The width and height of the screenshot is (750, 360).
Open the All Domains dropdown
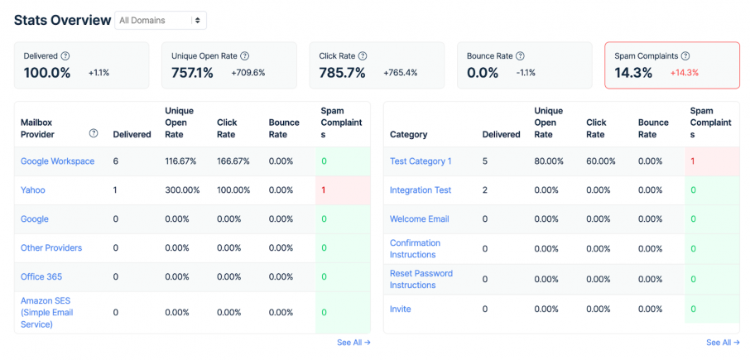tap(161, 20)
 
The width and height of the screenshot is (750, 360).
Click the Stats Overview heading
tap(62, 20)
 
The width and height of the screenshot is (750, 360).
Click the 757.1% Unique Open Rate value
tap(192, 73)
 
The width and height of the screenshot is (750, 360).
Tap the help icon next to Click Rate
tap(363, 56)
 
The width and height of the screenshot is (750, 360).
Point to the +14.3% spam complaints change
tap(685, 73)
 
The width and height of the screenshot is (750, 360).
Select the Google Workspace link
tap(57, 161)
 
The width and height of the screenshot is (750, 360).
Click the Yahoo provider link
tap(33, 190)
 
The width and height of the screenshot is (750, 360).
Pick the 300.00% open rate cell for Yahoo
tap(180, 190)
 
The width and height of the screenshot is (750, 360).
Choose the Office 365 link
tap(41, 277)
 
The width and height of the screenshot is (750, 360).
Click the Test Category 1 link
tap(421, 161)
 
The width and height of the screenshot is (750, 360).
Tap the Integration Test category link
tap(421, 190)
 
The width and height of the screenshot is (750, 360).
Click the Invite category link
tap(401, 310)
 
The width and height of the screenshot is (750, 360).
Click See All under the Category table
tap(723, 343)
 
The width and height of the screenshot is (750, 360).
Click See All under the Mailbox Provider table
tap(353, 343)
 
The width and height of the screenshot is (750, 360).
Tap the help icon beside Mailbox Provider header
tap(94, 133)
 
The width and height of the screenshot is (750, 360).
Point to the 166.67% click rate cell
tap(233, 161)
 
